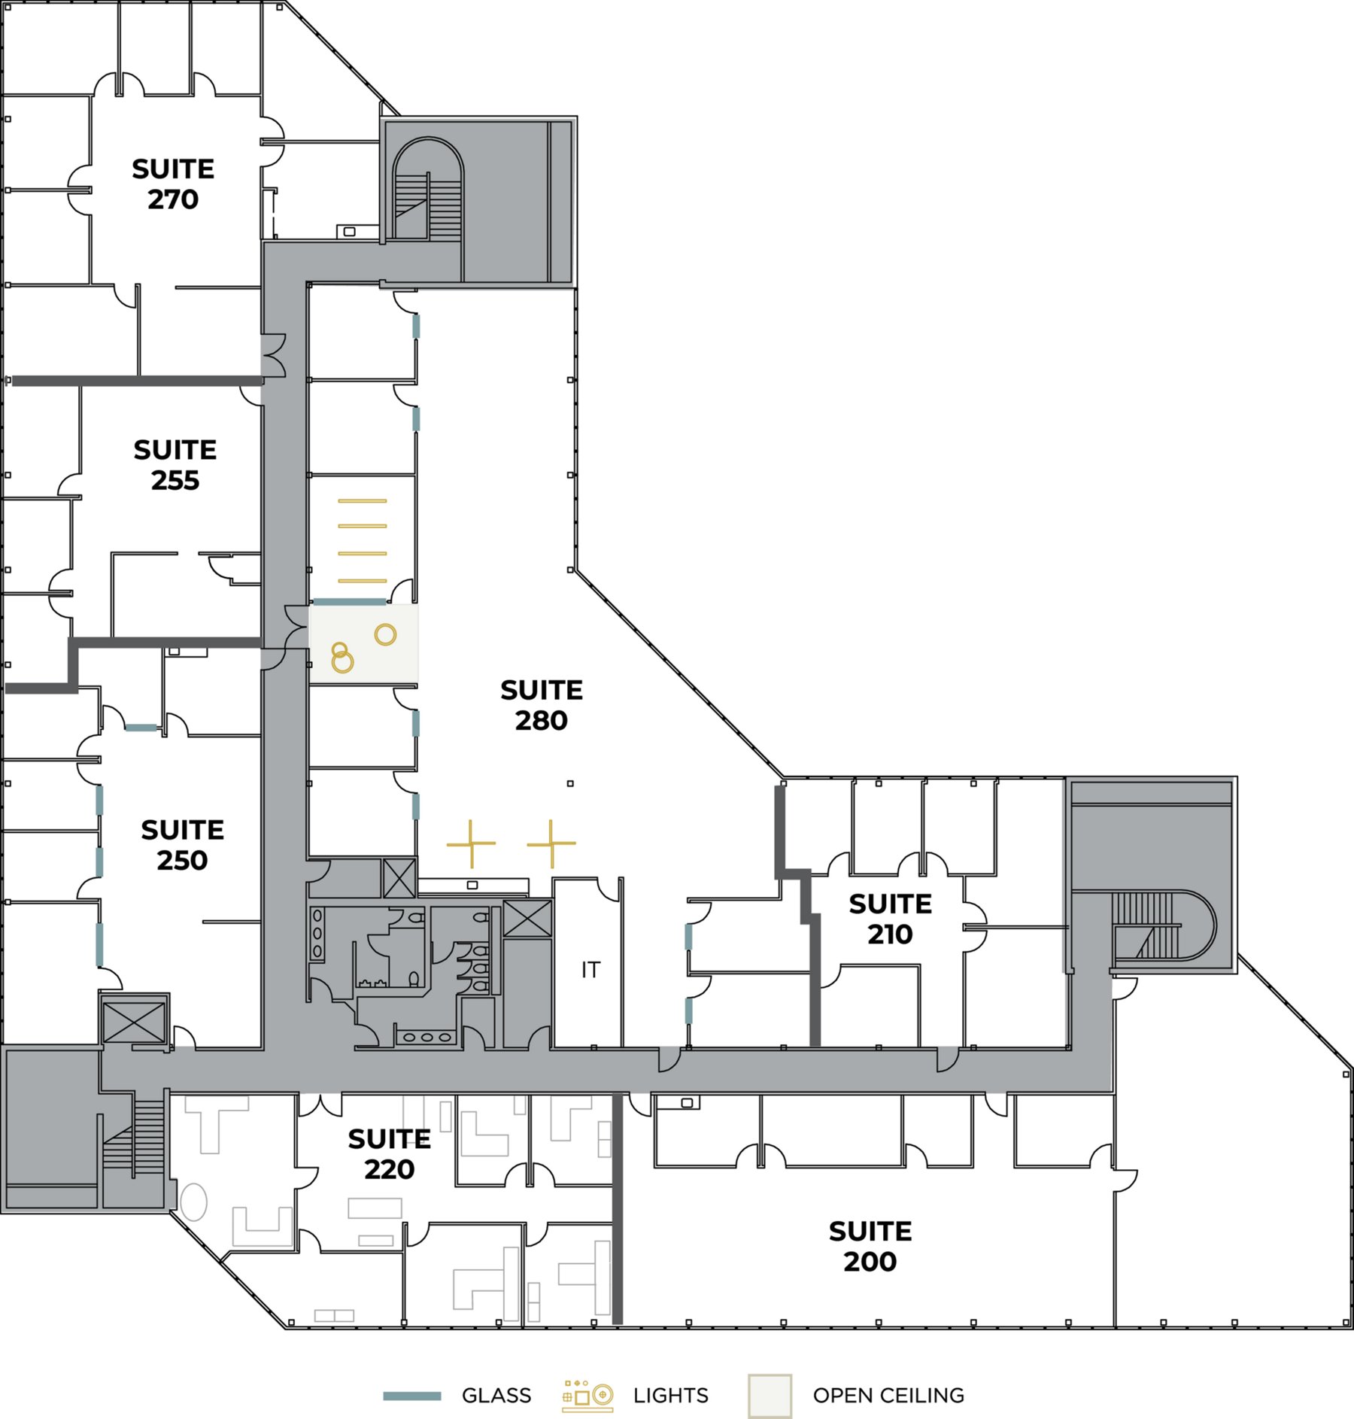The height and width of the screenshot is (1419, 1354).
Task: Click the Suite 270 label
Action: pyautogui.click(x=173, y=184)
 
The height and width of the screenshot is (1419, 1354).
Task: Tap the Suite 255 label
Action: pyautogui.click(x=175, y=465)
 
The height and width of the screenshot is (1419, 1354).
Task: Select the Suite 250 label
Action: pyautogui.click(x=182, y=845)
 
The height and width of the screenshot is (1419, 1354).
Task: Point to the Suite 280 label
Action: pyautogui.click(x=542, y=705)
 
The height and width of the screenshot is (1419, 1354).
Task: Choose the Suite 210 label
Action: pyautogui.click(x=891, y=919)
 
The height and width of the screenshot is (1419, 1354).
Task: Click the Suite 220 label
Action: pyautogui.click(x=390, y=1154)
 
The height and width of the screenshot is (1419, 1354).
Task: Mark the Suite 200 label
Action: pyautogui.click(x=870, y=1246)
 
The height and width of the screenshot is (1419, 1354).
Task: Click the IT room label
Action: pyautogui.click(x=591, y=971)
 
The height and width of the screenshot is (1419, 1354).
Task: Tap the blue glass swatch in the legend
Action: pyautogui.click(x=411, y=1396)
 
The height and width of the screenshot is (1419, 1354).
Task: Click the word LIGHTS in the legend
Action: pyautogui.click(x=671, y=1396)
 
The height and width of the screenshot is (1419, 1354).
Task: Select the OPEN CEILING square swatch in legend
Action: pyautogui.click(x=770, y=1396)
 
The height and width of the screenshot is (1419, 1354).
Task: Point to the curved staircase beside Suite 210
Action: pyautogui.click(x=1158, y=925)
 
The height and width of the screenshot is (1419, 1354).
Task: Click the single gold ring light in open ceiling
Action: pyautogui.click(x=385, y=635)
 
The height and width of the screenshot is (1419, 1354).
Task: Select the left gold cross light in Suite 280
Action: pyautogui.click(x=471, y=843)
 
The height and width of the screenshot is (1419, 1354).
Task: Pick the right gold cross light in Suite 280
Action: pyautogui.click(x=551, y=843)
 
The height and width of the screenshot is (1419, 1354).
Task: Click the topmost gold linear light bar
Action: pyautogui.click(x=363, y=501)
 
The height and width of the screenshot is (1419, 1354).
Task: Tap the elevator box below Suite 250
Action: pyautogui.click(x=134, y=1022)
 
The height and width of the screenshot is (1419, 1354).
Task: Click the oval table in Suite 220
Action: pyautogui.click(x=193, y=1202)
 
